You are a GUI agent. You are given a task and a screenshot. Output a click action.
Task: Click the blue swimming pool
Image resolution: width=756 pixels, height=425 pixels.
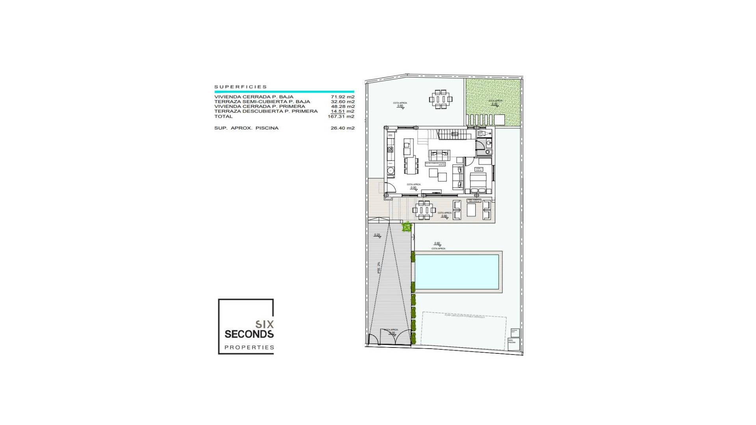457,272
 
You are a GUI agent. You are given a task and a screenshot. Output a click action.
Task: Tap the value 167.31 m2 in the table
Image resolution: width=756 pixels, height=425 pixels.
341,116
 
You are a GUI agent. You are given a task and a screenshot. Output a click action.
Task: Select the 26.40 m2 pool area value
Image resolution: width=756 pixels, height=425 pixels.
343,128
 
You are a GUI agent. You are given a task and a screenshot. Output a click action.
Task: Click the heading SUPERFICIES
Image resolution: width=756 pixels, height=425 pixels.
241,87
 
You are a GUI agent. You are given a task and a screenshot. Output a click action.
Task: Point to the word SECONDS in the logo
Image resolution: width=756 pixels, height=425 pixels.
249,334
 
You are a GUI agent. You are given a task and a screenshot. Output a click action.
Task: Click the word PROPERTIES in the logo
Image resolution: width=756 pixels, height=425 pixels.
249,347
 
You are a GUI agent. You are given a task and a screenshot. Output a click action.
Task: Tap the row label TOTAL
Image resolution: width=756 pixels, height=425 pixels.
223,116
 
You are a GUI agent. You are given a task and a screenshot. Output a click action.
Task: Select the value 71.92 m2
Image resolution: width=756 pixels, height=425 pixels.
343,97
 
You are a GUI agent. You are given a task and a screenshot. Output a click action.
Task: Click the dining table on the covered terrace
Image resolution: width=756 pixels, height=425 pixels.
424,210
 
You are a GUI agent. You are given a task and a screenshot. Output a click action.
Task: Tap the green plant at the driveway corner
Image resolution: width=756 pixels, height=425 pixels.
407,227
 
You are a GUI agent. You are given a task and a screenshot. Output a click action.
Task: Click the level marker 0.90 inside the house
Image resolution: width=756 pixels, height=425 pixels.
413,188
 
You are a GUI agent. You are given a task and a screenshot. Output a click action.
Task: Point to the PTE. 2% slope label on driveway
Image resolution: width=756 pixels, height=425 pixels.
379,268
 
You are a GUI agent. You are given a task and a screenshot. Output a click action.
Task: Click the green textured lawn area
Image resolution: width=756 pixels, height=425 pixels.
494,102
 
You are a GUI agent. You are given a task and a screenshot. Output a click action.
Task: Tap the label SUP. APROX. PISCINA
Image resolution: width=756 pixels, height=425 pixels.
246,128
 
